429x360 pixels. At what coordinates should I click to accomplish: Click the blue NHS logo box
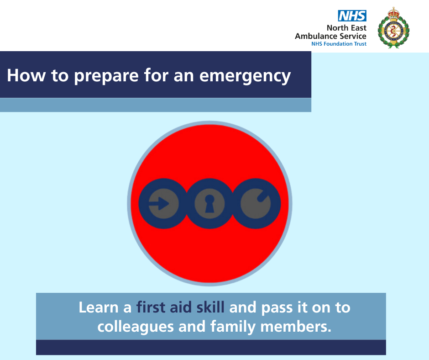(352, 16)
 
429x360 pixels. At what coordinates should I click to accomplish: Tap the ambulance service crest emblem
(393, 28)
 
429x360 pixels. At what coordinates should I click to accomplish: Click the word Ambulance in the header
(316, 36)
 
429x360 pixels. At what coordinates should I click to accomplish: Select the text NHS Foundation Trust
(339, 44)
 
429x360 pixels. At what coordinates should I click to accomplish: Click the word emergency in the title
(245, 76)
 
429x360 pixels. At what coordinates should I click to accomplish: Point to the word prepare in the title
(106, 76)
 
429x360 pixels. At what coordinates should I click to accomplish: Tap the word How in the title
(26, 75)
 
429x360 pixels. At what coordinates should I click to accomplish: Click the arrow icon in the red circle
(163, 204)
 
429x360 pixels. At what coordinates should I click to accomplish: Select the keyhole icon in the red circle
(209, 204)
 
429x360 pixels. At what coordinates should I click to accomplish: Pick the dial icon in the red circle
(256, 204)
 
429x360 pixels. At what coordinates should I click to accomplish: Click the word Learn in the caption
(99, 307)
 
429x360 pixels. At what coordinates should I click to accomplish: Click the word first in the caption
(151, 307)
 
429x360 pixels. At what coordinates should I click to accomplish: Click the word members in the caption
(295, 327)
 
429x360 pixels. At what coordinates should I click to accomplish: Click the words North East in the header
(346, 28)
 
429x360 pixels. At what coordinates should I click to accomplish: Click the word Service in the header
(353, 36)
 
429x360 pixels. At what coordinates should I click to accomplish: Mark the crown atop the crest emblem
(394, 13)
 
